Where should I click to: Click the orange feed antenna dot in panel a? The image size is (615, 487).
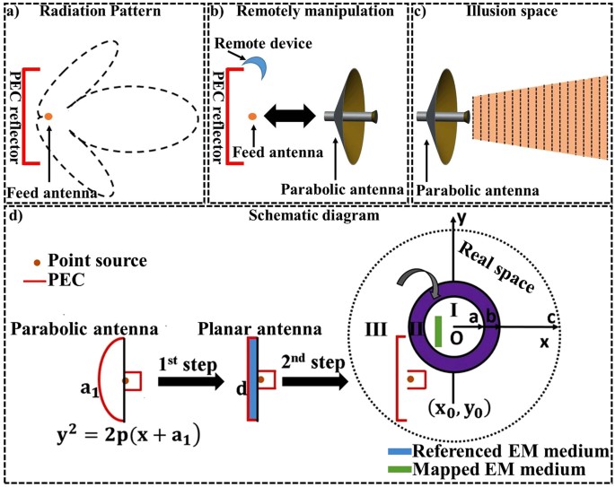click(x=48, y=116)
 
